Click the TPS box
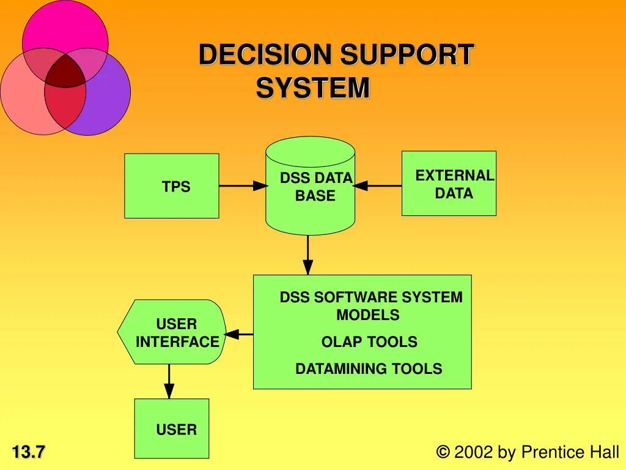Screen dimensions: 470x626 tap(172, 186)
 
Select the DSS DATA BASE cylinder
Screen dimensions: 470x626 tap(310, 187)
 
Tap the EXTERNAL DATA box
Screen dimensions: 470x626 tap(449, 184)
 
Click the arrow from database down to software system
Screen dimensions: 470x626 tap(308, 255)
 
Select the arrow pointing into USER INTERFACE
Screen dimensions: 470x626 tap(239, 334)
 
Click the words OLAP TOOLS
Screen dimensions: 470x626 tap(369, 342)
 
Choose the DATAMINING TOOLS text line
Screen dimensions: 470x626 tap(369, 369)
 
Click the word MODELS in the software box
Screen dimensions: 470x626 tap(368, 315)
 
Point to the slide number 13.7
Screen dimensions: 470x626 tap(29, 453)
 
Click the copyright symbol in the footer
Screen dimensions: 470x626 tap(443, 452)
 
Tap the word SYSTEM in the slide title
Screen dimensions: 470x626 tap(313, 88)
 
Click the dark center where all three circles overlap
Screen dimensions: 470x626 tap(65, 71)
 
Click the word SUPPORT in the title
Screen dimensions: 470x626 tap(407, 55)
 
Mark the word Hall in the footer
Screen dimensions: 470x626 tap(604, 452)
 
